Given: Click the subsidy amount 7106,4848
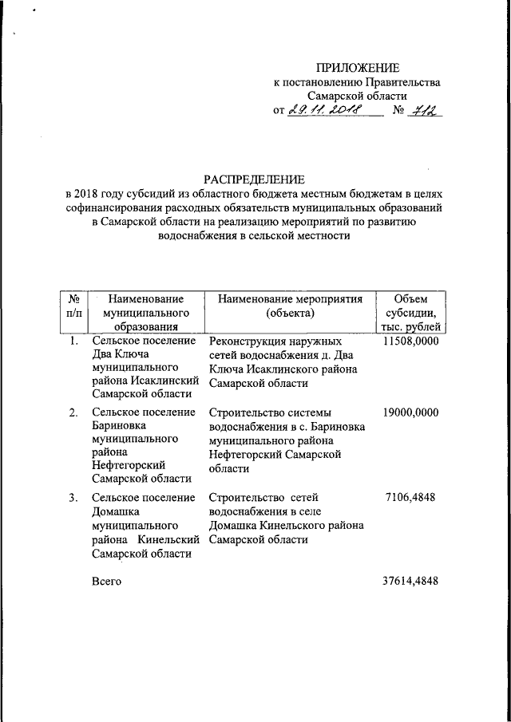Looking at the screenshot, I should (x=411, y=497).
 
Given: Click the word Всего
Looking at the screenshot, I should (x=107, y=582).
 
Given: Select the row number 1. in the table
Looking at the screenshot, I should (x=73, y=341).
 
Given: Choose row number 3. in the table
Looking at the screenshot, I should (x=73, y=497).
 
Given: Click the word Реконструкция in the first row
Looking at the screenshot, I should (x=246, y=341).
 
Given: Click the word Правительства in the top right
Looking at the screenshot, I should (x=402, y=81).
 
